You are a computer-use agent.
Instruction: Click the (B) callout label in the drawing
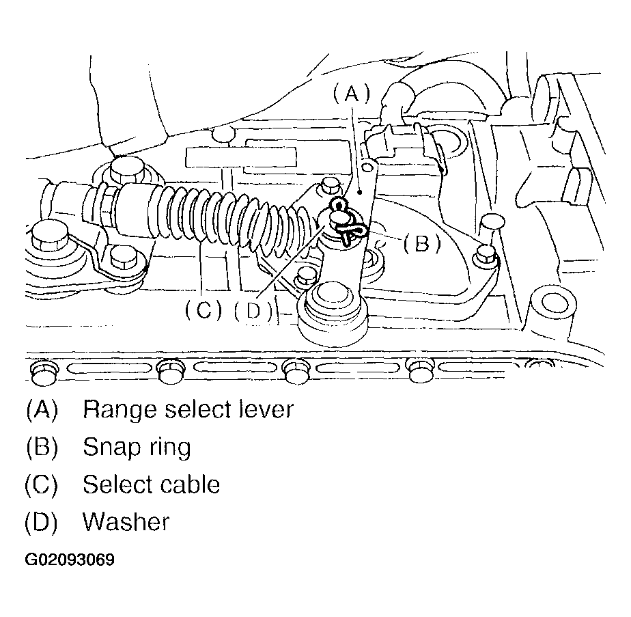point(421,243)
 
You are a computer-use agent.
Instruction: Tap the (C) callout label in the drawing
point(204,311)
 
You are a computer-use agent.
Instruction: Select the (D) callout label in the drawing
point(253,311)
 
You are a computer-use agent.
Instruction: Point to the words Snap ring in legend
point(137,447)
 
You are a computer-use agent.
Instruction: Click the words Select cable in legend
point(151,484)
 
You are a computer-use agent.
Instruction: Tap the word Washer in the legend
point(126,522)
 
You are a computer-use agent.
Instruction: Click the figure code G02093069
point(70,560)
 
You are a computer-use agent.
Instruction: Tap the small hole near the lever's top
point(368,166)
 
